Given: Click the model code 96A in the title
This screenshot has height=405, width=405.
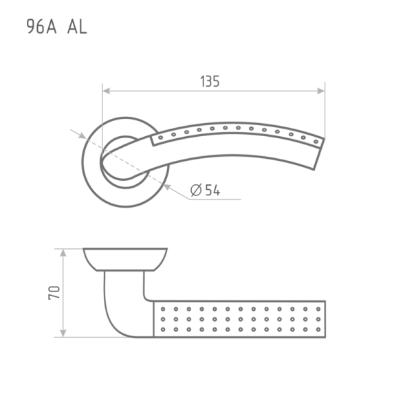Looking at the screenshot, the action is coord(41,27).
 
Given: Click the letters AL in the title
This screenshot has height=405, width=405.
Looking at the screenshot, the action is coord(77,27).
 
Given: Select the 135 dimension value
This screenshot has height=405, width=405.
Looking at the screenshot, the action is coord(210,81).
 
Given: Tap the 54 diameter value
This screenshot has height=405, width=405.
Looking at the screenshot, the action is coord(213,190).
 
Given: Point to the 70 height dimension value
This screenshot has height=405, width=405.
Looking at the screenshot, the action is coord(54,293).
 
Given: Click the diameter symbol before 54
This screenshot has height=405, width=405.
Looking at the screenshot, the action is coord(196,190).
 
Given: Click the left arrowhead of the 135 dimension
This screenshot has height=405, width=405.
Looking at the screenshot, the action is coord(106,91).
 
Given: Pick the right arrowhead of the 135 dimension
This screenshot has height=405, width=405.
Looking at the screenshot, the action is coord(321,91).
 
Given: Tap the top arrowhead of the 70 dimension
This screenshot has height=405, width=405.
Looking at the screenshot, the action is coord(63,253).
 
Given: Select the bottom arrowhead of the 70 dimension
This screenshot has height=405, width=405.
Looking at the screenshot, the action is coord(63,333).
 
